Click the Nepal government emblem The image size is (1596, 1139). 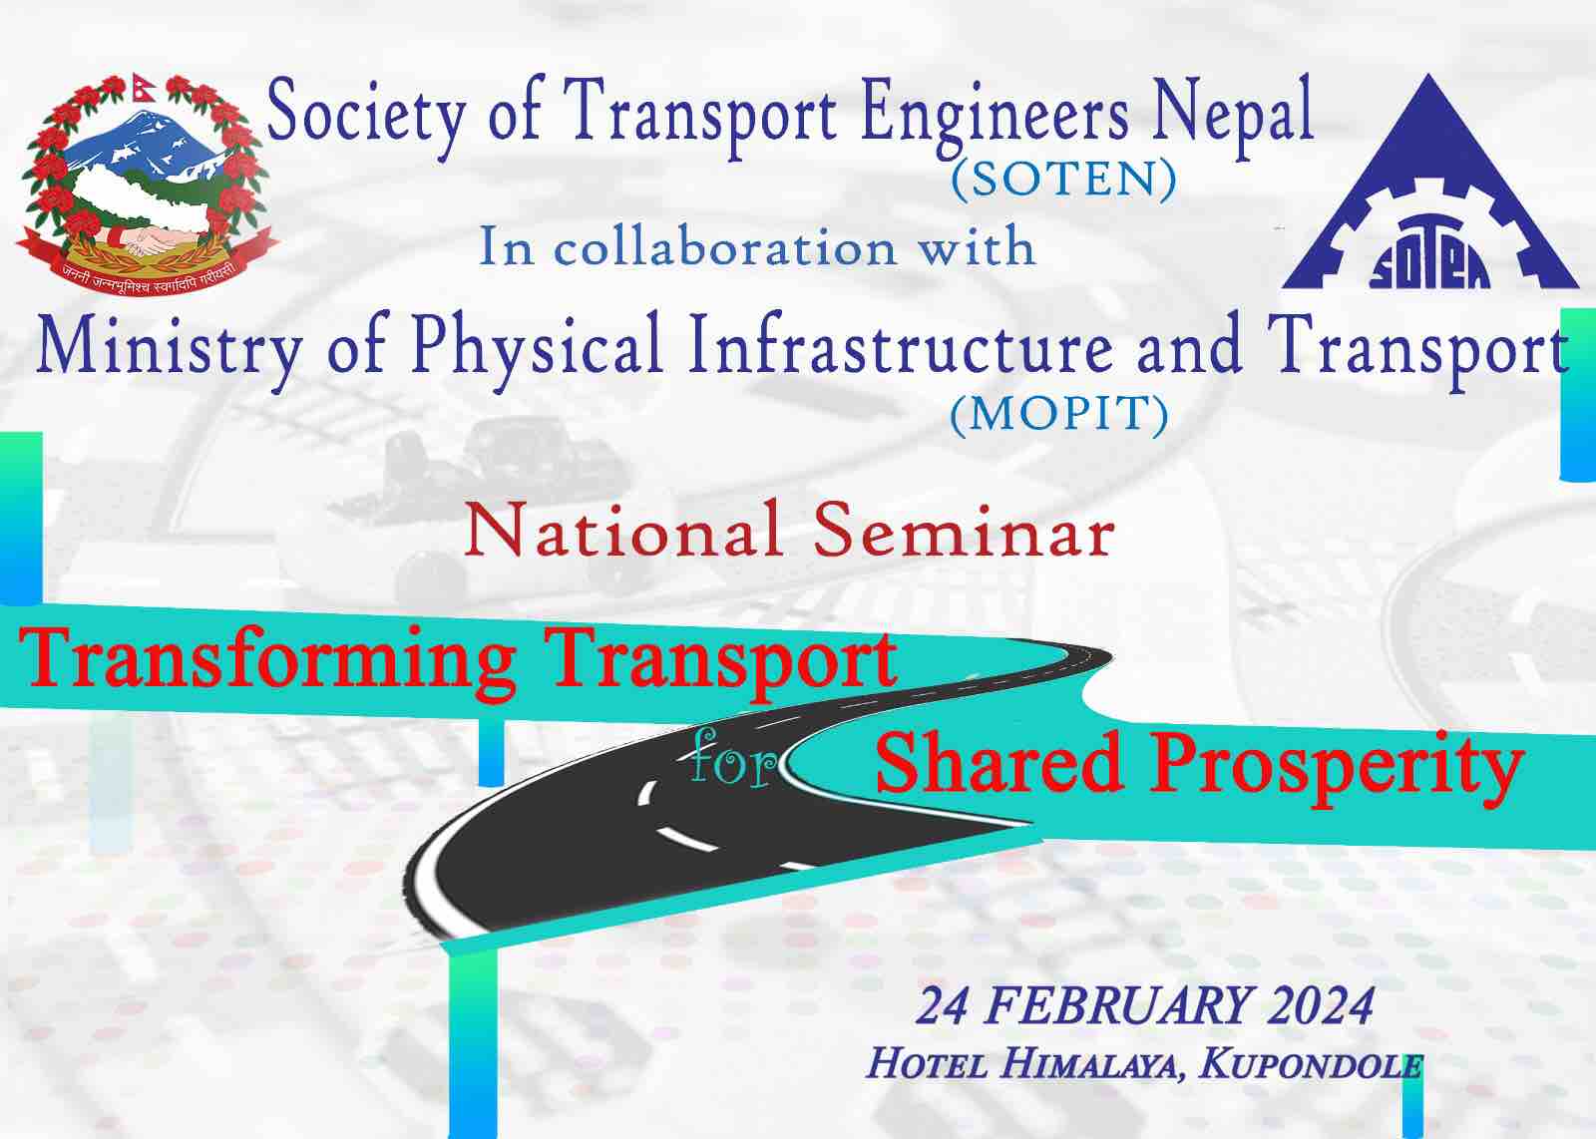(146, 182)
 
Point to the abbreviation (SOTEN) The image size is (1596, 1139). (1063, 180)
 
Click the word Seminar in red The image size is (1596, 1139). (964, 531)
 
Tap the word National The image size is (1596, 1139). (622, 531)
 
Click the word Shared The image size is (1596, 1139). (999, 764)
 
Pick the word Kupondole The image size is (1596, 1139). (1311, 1065)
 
